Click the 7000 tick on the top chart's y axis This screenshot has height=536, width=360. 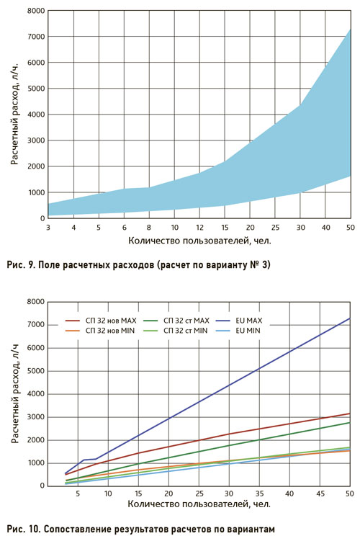coord(35,37)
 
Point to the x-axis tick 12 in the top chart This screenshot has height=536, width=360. coord(199,228)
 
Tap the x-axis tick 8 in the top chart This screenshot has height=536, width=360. coord(149,228)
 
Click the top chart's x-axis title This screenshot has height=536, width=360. coord(199,241)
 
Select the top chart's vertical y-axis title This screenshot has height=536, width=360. coord(14,114)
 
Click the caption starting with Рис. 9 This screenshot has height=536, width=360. coord(139,265)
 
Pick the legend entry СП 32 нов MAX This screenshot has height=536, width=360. coord(101,321)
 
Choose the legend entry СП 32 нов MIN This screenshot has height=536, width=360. coord(100,331)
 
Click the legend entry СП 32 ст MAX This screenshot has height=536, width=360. coord(176,321)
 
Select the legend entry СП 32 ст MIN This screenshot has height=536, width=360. coord(175,331)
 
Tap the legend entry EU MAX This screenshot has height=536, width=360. coord(239,321)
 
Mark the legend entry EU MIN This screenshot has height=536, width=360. coord(238,331)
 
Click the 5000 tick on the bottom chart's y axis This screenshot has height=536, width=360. coord(35,371)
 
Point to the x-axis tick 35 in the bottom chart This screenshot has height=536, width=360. coord(259,493)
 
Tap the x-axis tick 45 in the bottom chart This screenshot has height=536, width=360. coord(320,493)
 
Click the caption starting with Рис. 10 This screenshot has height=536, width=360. coord(140,529)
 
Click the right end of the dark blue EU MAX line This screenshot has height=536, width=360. coord(350,318)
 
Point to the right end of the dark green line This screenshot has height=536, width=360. coord(350,422)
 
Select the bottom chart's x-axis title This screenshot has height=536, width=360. coord(199,504)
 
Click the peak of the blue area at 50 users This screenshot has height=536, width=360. coord(350,29)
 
